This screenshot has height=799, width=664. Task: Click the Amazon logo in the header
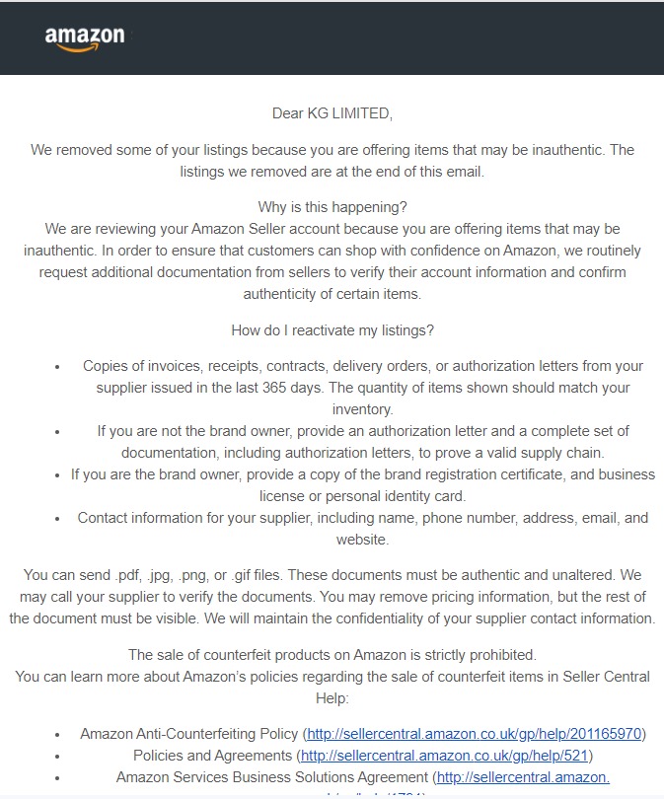pyautogui.click(x=85, y=38)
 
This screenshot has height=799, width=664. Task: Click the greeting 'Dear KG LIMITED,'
pyautogui.click(x=332, y=113)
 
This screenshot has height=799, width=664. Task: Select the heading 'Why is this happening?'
pyautogui.click(x=332, y=207)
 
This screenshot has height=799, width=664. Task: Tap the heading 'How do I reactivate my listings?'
pyautogui.click(x=332, y=330)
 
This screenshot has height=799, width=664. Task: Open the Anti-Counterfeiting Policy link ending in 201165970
pyautogui.click(x=475, y=734)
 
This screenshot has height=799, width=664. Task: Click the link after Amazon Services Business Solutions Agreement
pyautogui.click(x=523, y=777)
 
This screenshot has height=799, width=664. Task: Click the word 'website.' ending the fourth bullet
pyautogui.click(x=362, y=540)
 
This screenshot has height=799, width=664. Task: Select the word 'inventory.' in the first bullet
pyautogui.click(x=362, y=409)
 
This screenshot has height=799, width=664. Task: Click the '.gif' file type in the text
pyautogui.click(x=252, y=573)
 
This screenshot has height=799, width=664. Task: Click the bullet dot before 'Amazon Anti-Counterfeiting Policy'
pyautogui.click(x=59, y=735)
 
